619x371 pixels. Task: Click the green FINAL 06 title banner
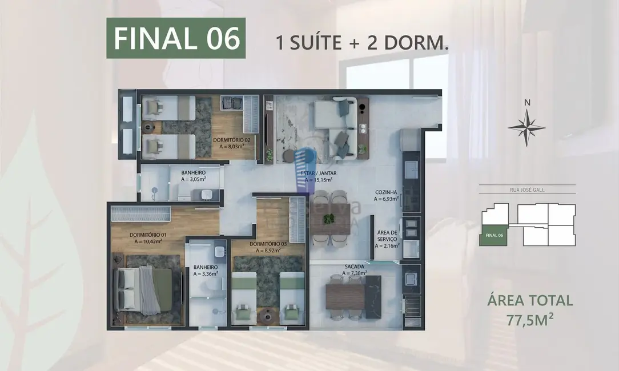(176, 38)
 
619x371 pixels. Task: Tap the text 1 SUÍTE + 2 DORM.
(361, 43)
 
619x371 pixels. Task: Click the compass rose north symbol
(526, 127)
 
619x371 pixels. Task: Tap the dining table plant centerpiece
(329, 217)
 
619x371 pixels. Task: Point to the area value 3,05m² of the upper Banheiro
(193, 179)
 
